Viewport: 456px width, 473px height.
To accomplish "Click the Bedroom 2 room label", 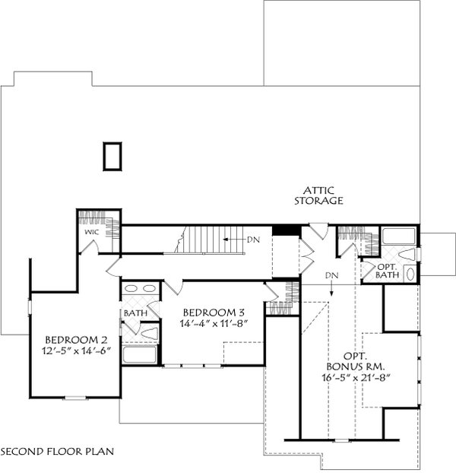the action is tap(76, 340).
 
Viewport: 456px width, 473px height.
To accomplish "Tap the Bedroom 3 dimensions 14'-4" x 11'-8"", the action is tap(214, 323).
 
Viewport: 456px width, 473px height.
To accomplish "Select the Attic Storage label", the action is tap(318, 195).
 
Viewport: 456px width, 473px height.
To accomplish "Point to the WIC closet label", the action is tap(92, 232).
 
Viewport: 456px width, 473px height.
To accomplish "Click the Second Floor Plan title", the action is tap(57, 452).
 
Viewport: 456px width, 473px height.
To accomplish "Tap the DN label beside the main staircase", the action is tap(253, 240).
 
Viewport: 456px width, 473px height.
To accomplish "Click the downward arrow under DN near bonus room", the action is tap(331, 288).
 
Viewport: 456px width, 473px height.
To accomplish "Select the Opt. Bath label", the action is tap(388, 271).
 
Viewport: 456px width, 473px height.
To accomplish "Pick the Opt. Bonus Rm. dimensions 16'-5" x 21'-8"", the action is tap(356, 378).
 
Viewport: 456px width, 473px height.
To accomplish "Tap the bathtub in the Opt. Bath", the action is tap(398, 236).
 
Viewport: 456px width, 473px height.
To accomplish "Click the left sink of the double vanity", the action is tap(131, 289).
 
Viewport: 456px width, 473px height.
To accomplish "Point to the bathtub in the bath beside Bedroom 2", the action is tap(140, 354).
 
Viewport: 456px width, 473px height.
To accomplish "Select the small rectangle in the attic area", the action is tap(112, 157).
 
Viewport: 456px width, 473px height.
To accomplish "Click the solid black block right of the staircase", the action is tap(287, 230).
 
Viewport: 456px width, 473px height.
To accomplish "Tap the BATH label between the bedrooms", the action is tap(135, 313).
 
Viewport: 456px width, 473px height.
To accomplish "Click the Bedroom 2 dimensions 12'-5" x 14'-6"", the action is tap(77, 351).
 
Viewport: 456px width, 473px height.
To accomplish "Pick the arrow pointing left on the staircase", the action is tap(233, 240).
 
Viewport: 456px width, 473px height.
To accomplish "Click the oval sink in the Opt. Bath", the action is tap(410, 274).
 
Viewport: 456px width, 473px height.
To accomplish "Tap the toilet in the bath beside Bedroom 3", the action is tap(150, 333).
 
